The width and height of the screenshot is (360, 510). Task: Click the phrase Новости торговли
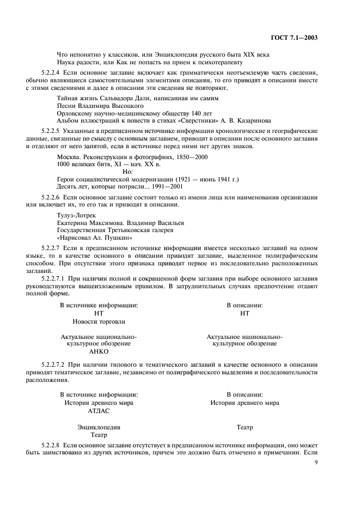tap(99, 321)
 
